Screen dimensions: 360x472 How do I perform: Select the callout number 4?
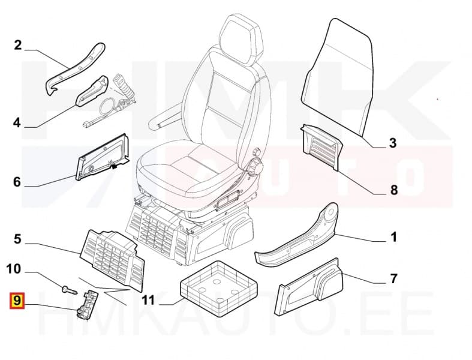click(17, 123)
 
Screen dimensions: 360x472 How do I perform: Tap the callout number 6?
click(17, 182)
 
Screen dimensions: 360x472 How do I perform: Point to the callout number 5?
click(17, 239)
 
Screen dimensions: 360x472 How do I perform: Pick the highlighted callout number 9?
click(17, 298)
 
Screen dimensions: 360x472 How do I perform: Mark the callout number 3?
click(393, 143)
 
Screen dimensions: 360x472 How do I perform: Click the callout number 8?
click(393, 190)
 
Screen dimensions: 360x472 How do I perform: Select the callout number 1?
click(393, 237)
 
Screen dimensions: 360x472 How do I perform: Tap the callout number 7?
click(393, 278)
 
